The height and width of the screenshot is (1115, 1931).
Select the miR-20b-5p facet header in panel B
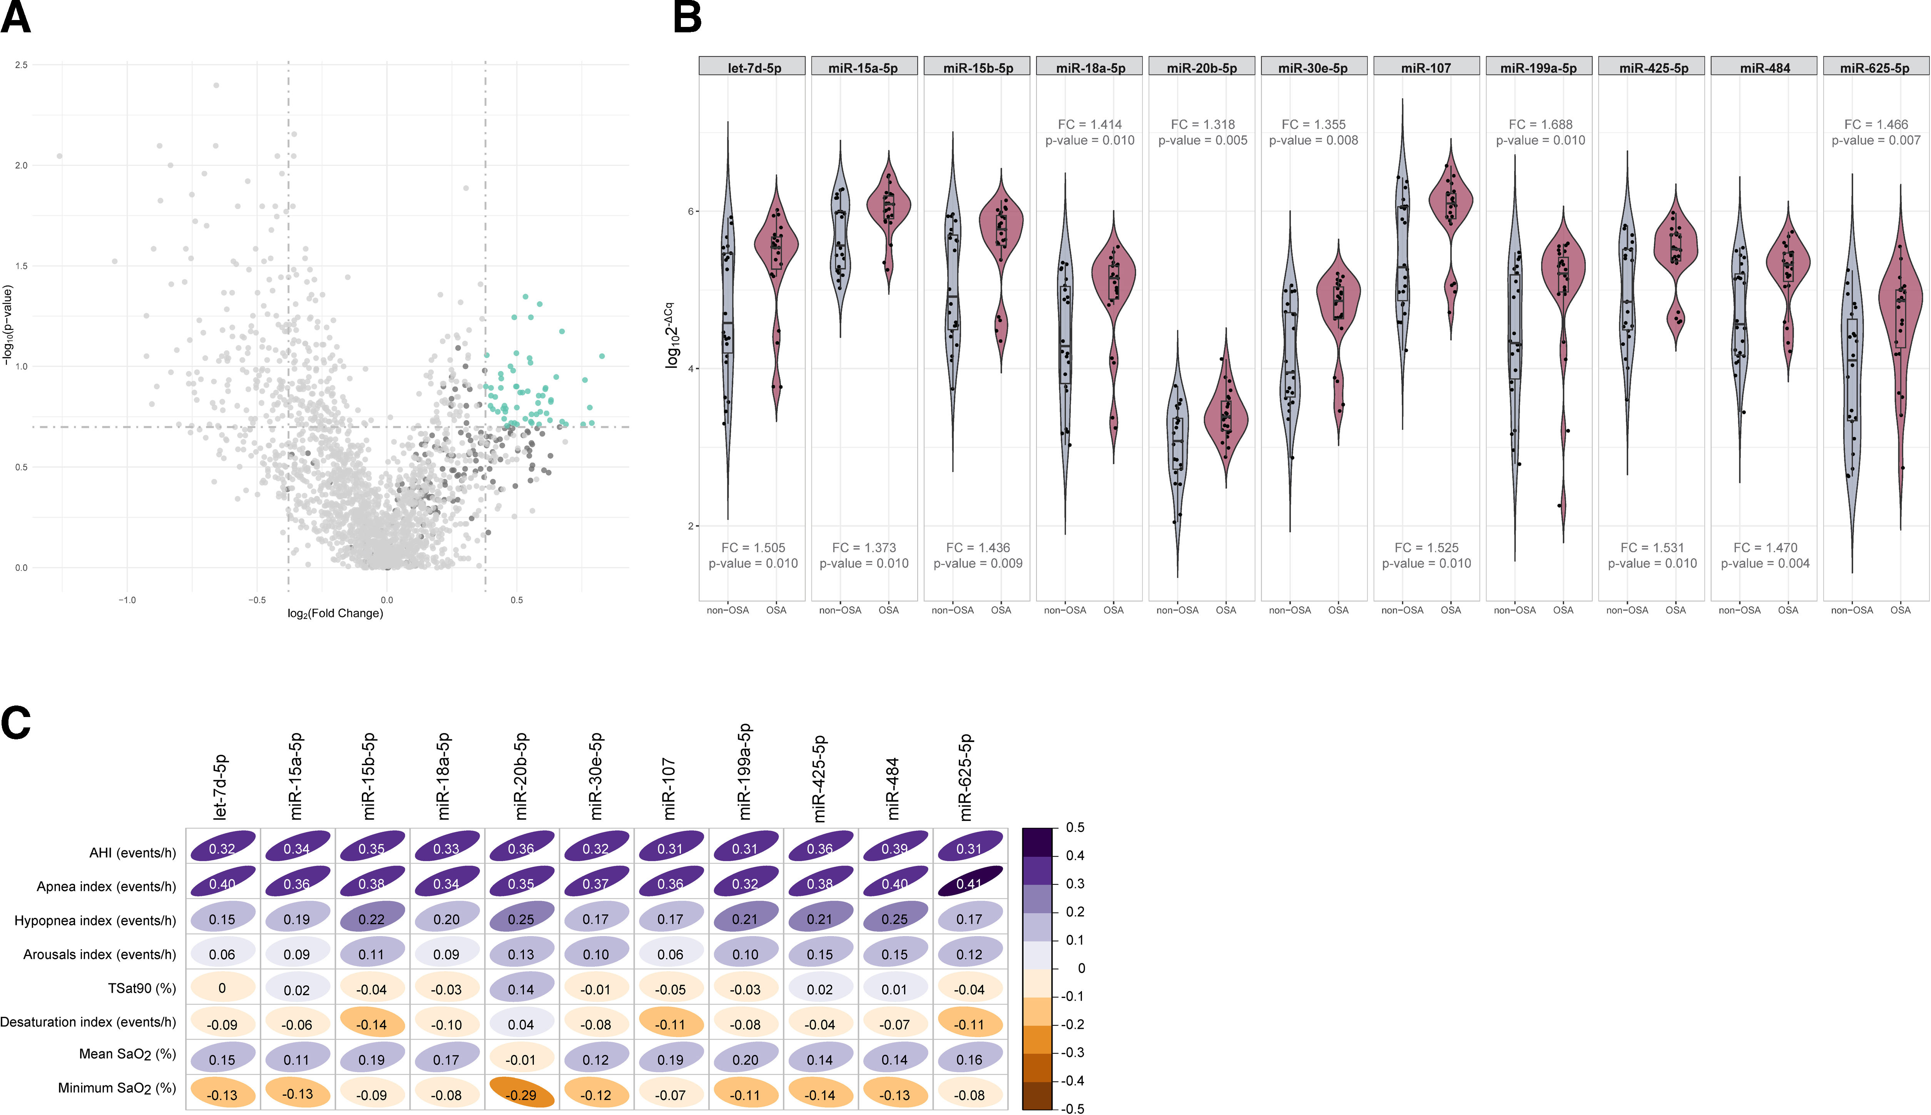pos(1201,68)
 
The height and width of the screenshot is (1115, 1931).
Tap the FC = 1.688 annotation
pos(1540,124)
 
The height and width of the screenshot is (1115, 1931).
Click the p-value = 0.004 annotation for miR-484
pos(1765,563)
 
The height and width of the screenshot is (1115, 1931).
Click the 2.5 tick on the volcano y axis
pos(22,65)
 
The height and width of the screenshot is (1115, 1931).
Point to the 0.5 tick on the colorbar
pos(1075,828)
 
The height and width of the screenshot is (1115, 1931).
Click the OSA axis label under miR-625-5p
pos(1900,610)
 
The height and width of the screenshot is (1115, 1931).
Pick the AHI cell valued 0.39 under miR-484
pos(894,849)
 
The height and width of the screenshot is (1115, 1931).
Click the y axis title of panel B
pos(672,334)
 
